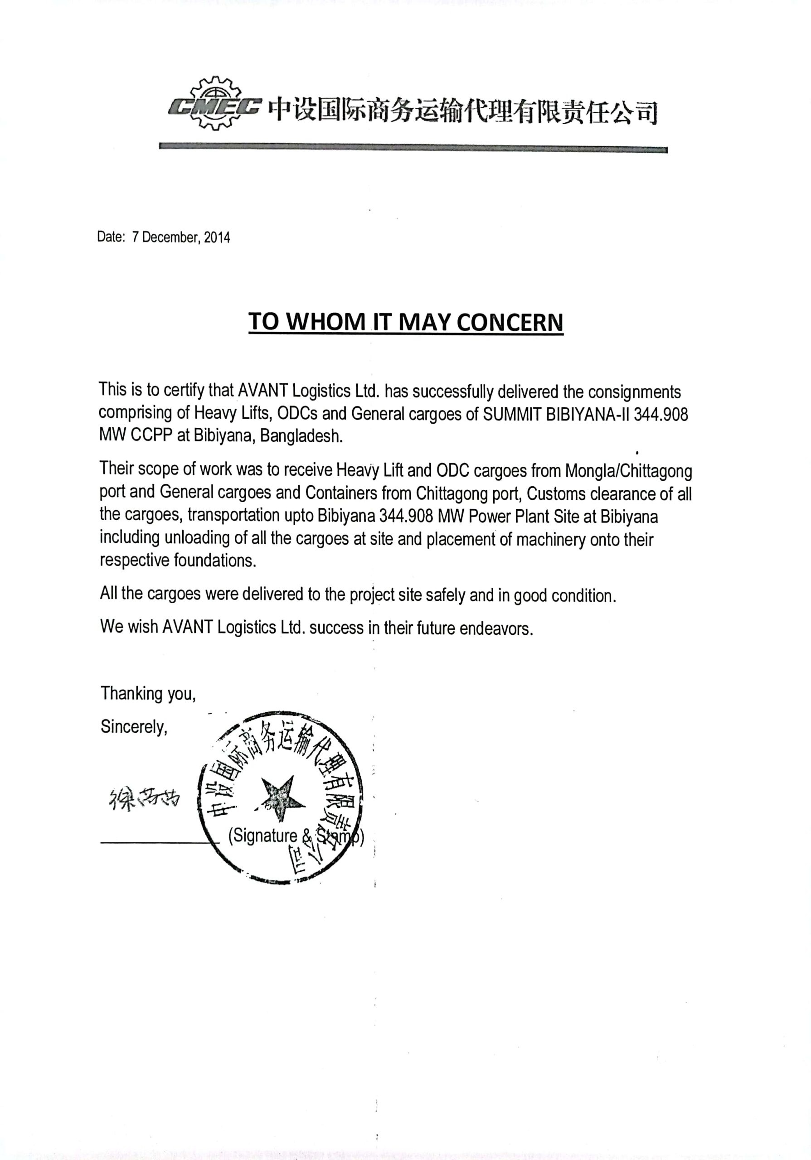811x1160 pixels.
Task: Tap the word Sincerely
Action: [x=133, y=727]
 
